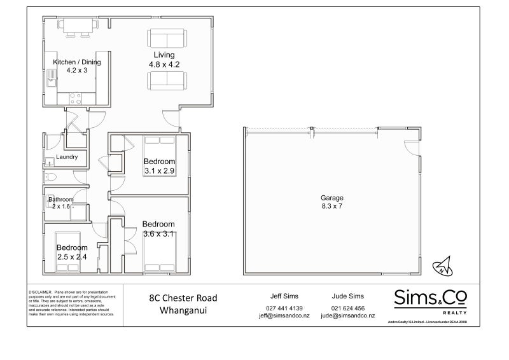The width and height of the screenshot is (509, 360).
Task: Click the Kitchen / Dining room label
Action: click(77, 62)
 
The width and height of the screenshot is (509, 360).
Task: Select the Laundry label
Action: click(67, 157)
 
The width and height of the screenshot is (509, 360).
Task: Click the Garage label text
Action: click(332, 198)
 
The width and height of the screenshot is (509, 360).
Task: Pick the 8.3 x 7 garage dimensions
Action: click(332, 206)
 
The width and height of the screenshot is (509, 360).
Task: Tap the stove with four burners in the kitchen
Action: click(75, 98)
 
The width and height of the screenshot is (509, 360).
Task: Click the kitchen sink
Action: click(51, 80)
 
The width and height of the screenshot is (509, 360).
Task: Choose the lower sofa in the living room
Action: click(167, 81)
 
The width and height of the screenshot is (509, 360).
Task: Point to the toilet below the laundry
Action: click(52, 177)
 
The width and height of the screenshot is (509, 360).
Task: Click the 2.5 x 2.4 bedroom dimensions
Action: click(71, 256)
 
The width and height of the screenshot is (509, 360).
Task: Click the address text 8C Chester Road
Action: click(183, 298)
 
